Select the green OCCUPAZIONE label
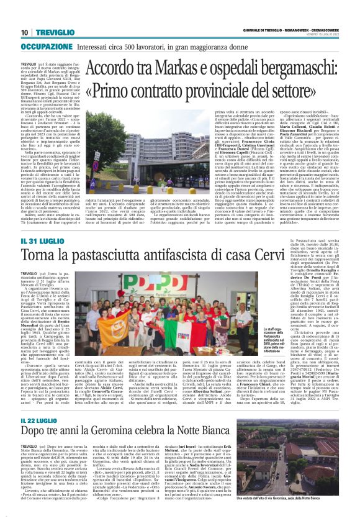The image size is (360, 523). coord(47,47)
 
